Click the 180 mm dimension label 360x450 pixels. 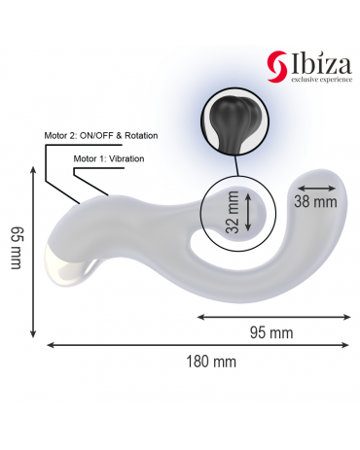tap(211, 362)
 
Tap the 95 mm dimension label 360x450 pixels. tap(271, 332)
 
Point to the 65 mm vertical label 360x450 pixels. tap(17, 248)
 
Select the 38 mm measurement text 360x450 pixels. tap(315, 202)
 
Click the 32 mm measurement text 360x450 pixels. tap(233, 212)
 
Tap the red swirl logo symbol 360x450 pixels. tap(277, 66)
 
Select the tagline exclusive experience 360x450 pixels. tap(321, 80)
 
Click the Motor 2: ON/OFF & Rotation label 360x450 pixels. tap(101, 135)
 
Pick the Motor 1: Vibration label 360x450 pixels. tap(109, 158)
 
